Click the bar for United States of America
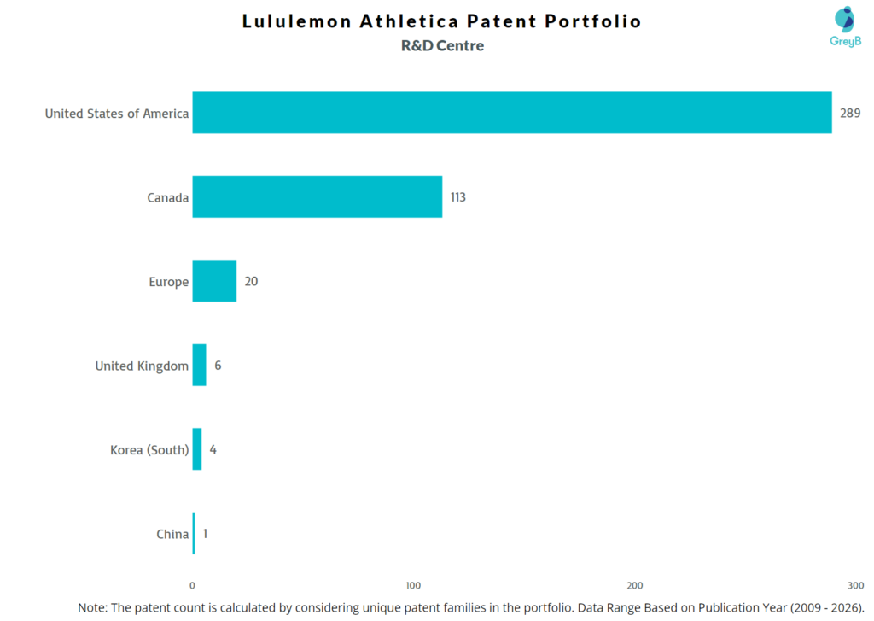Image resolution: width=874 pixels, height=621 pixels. click(x=512, y=113)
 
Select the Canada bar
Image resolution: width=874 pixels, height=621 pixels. click(x=317, y=196)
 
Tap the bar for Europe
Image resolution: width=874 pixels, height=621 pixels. click(x=214, y=281)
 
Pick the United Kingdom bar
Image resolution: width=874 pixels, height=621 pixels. click(x=199, y=366)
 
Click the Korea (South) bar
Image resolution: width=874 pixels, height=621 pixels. click(x=197, y=449)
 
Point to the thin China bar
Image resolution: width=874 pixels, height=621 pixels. click(x=194, y=534)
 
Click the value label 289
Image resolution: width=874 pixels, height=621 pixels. click(x=850, y=113)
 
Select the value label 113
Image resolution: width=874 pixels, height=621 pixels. click(x=458, y=197)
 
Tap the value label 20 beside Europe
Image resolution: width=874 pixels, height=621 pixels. click(x=251, y=281)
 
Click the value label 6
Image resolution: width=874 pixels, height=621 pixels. click(x=218, y=366)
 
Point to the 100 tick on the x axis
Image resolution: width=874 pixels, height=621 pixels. click(x=413, y=585)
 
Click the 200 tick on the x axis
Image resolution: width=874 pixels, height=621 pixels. click(x=635, y=585)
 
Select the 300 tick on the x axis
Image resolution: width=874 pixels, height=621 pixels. click(x=855, y=585)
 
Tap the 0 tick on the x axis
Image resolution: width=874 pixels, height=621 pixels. click(x=192, y=585)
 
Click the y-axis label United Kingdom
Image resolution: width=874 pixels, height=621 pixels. click(x=142, y=366)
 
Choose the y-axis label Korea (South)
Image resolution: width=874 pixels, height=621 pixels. click(x=149, y=449)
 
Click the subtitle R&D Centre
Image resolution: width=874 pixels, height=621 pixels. click(x=442, y=46)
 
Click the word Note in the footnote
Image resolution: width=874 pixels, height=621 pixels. click(x=92, y=606)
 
